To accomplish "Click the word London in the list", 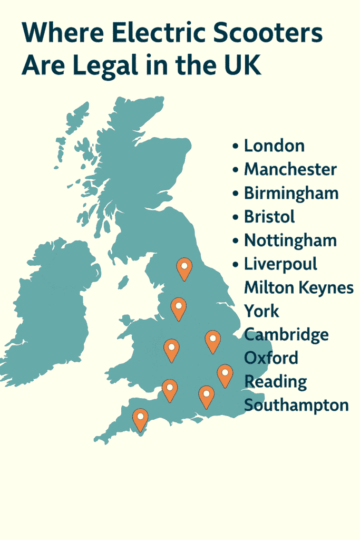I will point(274,146).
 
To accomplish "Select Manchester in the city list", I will point(290,169).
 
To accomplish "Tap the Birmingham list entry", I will point(291,193).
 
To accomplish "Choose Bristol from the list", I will point(269,216).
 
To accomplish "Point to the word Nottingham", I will point(290,240).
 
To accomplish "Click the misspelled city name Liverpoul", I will point(280,264).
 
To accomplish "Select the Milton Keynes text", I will point(299,287).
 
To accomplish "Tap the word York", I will point(261,311).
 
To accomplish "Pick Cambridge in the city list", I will point(286,334).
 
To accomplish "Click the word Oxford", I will point(271,358).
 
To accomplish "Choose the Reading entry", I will point(276,381).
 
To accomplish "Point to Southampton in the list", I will point(296,405).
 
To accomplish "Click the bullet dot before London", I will point(235,147).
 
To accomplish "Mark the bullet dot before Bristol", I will point(235,217).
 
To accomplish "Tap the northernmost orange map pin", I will point(184,268).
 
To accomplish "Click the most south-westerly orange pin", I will point(140,419).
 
